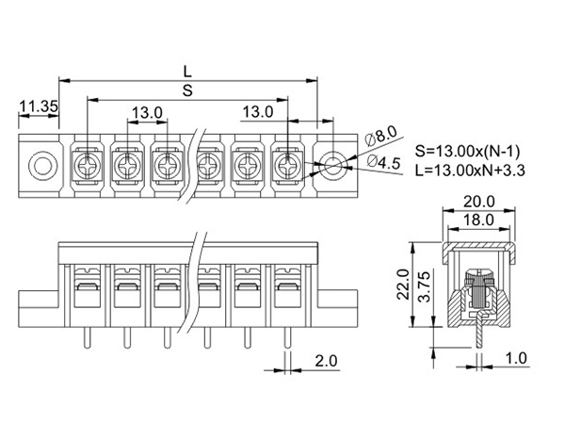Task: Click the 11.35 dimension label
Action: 39,106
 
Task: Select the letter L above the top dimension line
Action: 187,72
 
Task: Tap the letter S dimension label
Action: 187,90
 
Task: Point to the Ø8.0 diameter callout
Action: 380,136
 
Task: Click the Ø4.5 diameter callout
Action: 384,162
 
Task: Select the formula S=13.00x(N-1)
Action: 467,152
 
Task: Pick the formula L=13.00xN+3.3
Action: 470,171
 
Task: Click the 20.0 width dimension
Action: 479,202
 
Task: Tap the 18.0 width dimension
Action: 478,220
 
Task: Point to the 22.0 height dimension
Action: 403,285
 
